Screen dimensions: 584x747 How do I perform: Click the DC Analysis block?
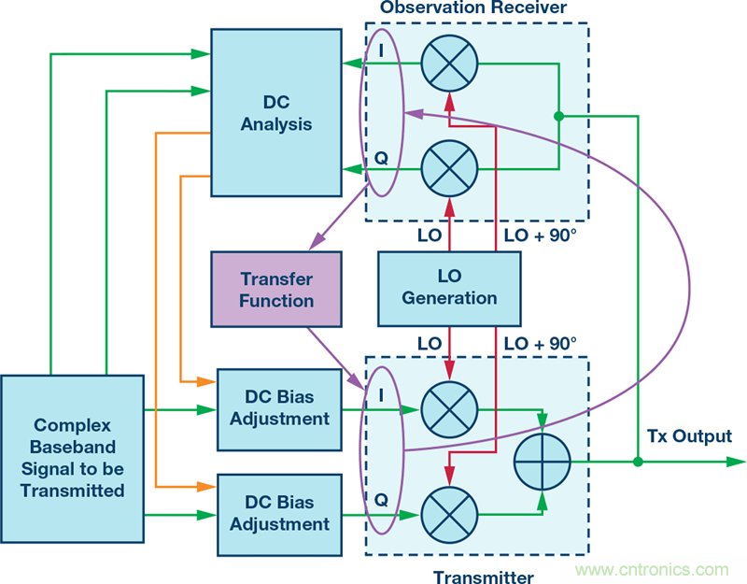275,112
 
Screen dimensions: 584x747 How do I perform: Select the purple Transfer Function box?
275,290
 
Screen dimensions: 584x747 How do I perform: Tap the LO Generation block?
449,288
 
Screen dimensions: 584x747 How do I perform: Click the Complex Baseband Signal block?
72,459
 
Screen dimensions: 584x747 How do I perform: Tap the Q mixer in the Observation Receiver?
449,169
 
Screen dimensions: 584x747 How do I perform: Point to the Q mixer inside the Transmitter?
449,513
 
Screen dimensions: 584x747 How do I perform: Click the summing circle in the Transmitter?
543,462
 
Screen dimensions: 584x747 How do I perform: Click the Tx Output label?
689,436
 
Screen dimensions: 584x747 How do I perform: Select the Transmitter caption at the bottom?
484,577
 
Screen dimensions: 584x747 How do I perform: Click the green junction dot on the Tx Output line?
638,462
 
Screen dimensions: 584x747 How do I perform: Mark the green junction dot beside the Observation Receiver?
558,117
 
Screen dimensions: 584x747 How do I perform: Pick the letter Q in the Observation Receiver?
381,159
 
